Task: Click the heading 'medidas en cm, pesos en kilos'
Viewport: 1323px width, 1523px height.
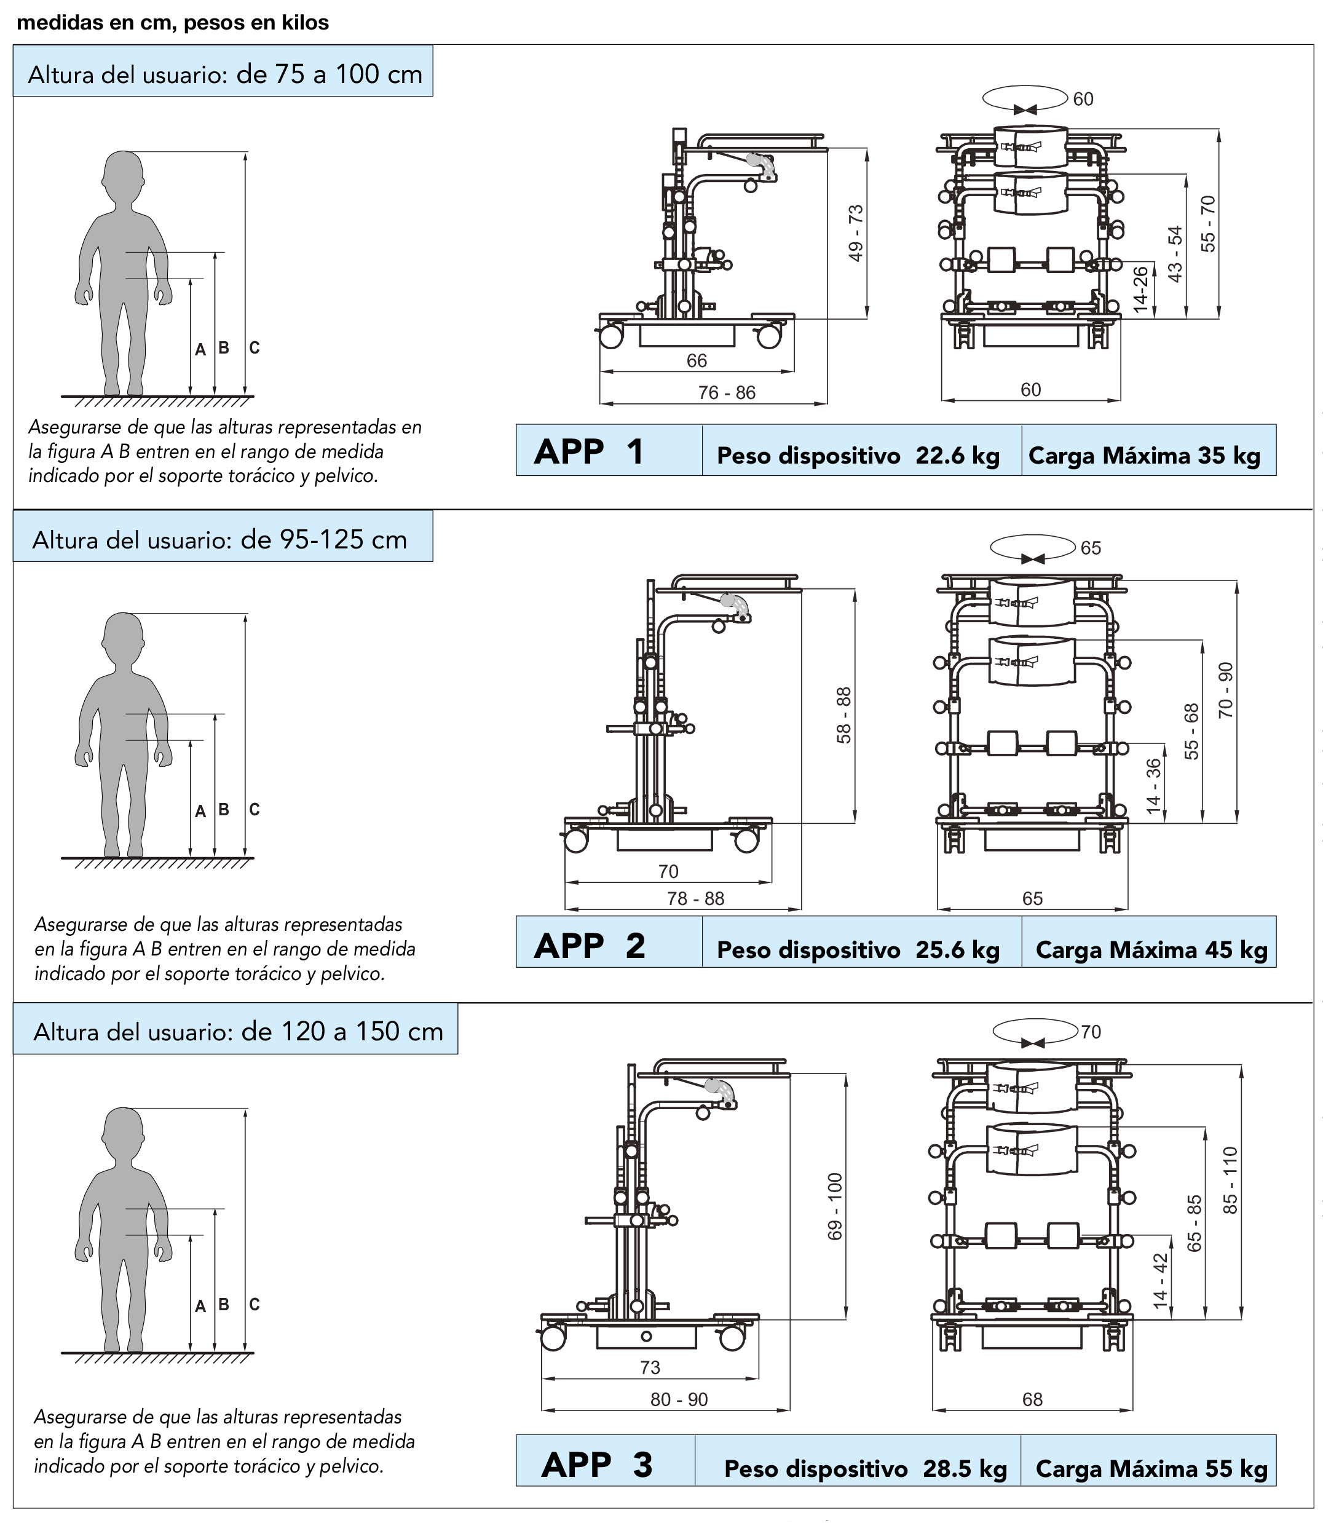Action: [173, 23]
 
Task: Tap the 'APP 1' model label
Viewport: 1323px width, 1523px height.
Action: [588, 451]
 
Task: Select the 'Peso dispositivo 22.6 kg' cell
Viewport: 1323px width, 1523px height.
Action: [858, 456]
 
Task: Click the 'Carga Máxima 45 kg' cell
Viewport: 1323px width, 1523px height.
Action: [1151, 949]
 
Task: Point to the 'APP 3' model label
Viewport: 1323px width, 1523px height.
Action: [596, 1465]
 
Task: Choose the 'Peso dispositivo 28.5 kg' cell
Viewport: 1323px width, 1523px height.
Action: [865, 1468]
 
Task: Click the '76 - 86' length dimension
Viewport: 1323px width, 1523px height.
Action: [727, 393]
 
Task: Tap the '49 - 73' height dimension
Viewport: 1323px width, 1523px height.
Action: [856, 232]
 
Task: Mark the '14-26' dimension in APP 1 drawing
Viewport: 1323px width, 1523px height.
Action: [1140, 288]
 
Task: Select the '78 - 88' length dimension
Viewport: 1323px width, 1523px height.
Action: [695, 898]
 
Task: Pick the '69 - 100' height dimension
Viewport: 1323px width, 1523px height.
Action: [835, 1206]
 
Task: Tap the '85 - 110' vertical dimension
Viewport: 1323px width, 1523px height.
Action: [1230, 1180]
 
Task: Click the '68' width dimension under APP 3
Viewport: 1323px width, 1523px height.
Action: [1032, 1399]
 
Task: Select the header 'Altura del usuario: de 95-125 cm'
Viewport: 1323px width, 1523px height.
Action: [220, 540]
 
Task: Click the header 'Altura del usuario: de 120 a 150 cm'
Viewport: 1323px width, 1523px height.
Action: [238, 1030]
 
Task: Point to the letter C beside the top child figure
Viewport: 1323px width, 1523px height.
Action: [254, 348]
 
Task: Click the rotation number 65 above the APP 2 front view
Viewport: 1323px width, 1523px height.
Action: [1091, 548]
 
